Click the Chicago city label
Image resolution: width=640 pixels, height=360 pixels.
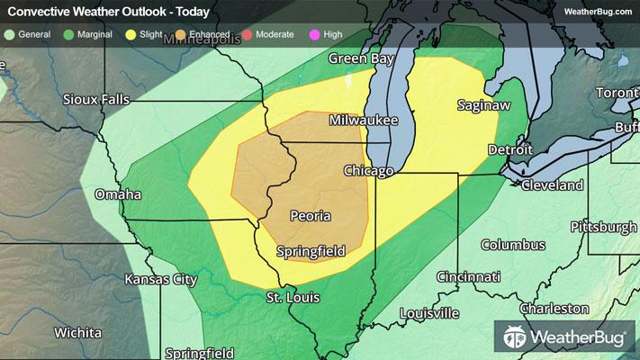pos(369,170)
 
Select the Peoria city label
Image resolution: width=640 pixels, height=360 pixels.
pos(310,216)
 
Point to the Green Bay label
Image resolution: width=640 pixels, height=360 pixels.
pos(362,58)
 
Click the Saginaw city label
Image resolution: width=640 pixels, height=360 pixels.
pos(477,105)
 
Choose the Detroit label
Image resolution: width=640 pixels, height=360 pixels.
pos(504,148)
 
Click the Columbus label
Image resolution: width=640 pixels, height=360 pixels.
pos(512,245)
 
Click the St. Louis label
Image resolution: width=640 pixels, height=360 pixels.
pos(293,297)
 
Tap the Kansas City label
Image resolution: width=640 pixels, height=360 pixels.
pos(160,279)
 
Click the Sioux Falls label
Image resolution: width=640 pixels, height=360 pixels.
pos(96,99)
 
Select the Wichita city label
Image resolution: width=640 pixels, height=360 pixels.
pos(77,332)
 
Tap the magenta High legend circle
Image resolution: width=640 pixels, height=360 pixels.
pos(313,34)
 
